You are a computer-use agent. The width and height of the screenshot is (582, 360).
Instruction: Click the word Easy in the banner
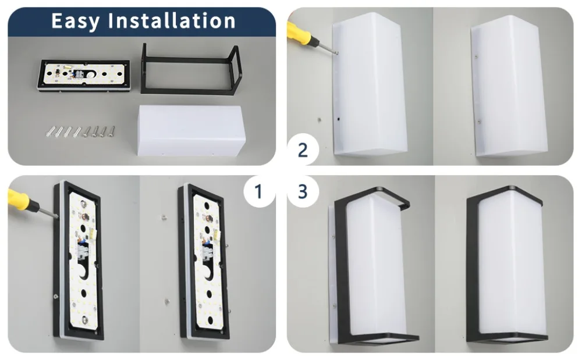click(75, 21)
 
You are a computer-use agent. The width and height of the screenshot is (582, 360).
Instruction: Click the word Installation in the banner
click(172, 20)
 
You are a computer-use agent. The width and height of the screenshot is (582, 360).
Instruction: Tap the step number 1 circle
click(259, 191)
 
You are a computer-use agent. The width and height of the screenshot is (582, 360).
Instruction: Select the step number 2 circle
click(303, 150)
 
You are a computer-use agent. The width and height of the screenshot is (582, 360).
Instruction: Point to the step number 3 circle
click(303, 191)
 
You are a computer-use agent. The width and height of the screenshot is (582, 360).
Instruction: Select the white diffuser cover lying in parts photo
click(191, 130)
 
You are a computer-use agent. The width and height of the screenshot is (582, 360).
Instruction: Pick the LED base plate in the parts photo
click(84, 75)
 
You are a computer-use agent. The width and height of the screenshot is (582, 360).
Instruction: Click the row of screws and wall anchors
click(80, 131)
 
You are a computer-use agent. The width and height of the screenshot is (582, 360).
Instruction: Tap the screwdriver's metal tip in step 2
click(336, 52)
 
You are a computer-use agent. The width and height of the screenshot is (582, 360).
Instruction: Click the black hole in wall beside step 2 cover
click(339, 119)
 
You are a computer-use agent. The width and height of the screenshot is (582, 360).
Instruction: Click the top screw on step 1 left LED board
click(82, 204)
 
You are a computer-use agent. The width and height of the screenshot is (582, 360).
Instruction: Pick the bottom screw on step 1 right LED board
click(210, 320)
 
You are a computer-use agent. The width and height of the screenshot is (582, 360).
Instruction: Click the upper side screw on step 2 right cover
click(476, 56)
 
